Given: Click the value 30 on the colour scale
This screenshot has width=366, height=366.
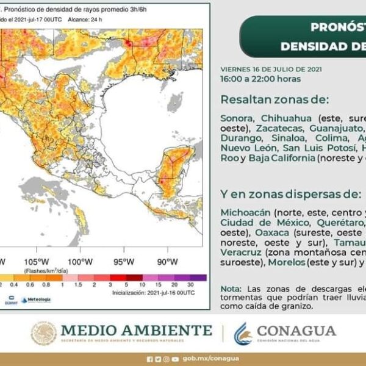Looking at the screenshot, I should (191, 285).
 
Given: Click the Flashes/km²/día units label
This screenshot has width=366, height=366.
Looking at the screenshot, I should (47, 270).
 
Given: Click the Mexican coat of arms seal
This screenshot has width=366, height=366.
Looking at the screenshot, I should (43, 333).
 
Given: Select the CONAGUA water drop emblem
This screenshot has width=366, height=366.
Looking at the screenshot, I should (243, 333).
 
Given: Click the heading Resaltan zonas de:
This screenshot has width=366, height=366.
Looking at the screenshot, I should (274, 99).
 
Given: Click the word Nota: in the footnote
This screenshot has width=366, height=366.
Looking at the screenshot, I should (231, 289).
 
